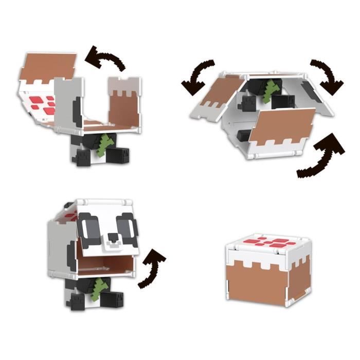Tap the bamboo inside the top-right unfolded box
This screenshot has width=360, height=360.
coord(268,92)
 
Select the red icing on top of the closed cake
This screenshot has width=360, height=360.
coord(269,241)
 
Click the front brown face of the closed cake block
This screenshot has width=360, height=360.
coord(258,280)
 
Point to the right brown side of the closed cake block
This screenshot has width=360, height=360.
coord(300,278)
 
